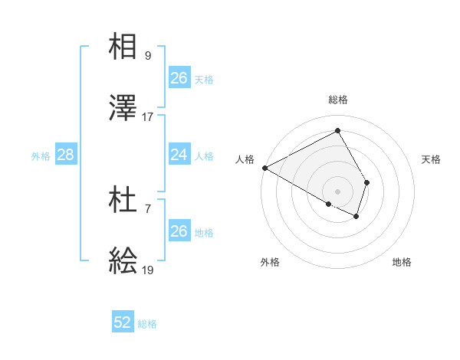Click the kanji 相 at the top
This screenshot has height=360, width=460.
123,47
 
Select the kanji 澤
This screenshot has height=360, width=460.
123,109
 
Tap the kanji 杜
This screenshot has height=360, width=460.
123,201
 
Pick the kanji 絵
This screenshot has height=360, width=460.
123,263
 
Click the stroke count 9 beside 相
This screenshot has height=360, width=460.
148,55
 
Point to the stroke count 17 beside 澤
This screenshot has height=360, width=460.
148,117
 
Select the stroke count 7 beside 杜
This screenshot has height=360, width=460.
148,209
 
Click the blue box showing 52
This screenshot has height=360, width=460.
123,323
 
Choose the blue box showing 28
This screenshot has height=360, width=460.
66,155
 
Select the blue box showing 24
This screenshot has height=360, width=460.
179,155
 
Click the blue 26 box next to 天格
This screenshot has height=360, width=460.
179,78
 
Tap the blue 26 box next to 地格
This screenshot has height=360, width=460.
179,231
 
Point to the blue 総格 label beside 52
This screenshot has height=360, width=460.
147,324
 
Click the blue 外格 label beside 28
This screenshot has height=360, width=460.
41,155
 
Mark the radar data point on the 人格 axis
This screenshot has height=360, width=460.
264,168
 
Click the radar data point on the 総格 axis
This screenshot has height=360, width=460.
337,130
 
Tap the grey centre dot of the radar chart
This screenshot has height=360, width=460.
337,191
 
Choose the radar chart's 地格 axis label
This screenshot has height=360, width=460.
402,262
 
